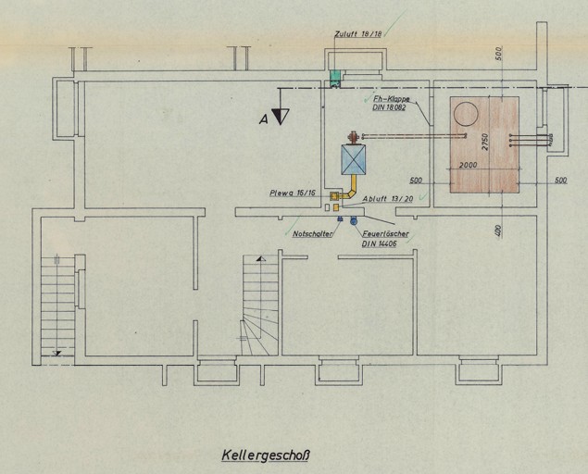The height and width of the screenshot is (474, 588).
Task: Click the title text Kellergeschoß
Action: [x=264, y=455]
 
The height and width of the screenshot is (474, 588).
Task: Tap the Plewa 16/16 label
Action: [x=293, y=193]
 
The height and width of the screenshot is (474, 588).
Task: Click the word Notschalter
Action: [x=312, y=234]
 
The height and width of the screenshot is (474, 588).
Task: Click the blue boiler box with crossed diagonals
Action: [x=354, y=159]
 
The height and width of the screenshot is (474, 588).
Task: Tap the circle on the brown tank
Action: [x=467, y=114]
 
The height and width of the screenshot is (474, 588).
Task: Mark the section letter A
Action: [x=264, y=118]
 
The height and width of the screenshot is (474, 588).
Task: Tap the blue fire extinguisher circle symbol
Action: [x=353, y=220]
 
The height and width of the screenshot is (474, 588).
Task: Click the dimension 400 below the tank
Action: [x=497, y=231]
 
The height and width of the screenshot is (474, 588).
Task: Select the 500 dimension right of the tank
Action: [x=560, y=181]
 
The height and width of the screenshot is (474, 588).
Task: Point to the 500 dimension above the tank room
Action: [x=497, y=52]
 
